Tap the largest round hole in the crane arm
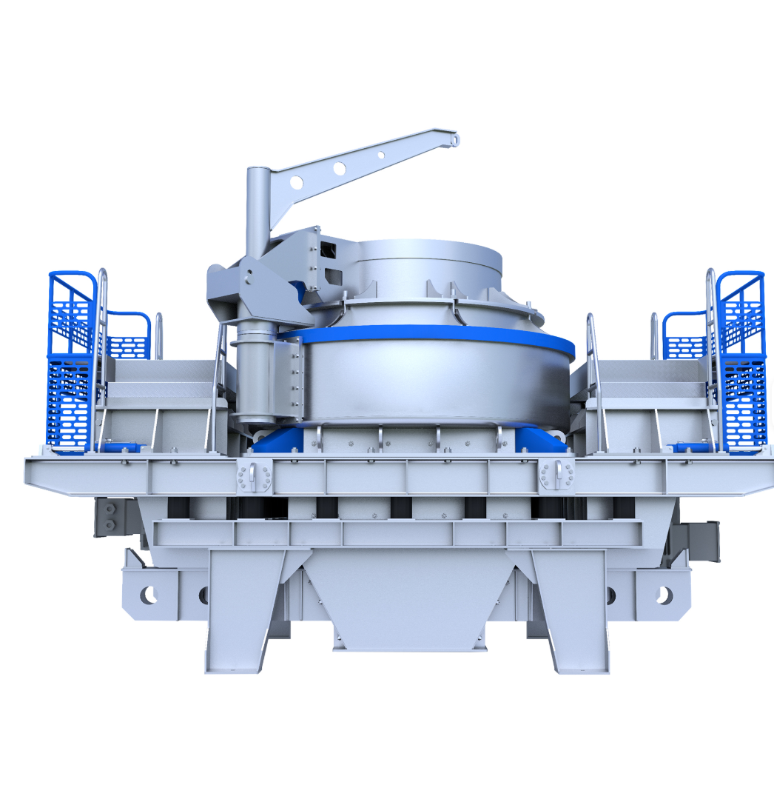point(296,182)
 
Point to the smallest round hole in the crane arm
point(381,155)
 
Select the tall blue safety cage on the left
point(71,363)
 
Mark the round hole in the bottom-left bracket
point(149,594)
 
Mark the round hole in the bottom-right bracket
point(664,594)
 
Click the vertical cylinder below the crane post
point(252,378)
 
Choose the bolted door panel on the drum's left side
point(289,381)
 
